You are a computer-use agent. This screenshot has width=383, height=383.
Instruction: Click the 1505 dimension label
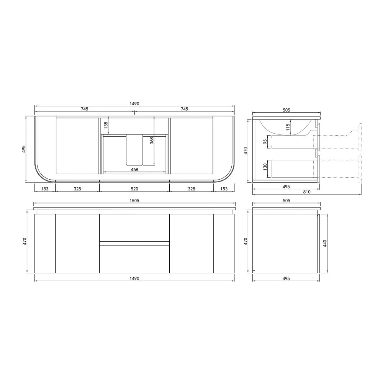click(x=134, y=201)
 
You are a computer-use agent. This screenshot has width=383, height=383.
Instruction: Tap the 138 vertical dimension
click(x=106, y=125)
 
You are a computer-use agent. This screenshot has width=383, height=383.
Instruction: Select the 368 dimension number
click(x=152, y=141)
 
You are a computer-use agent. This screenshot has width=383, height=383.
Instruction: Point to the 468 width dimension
click(x=134, y=170)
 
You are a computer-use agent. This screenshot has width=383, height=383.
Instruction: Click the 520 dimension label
click(x=134, y=189)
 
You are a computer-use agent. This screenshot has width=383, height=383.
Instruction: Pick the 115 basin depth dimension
click(x=288, y=127)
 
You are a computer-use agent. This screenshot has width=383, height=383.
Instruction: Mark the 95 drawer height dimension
click(x=265, y=142)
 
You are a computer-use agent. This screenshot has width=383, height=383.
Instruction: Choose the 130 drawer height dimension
click(x=265, y=167)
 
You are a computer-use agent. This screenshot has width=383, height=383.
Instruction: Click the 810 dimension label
click(x=307, y=192)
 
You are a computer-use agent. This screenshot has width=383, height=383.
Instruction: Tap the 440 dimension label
click(x=325, y=243)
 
